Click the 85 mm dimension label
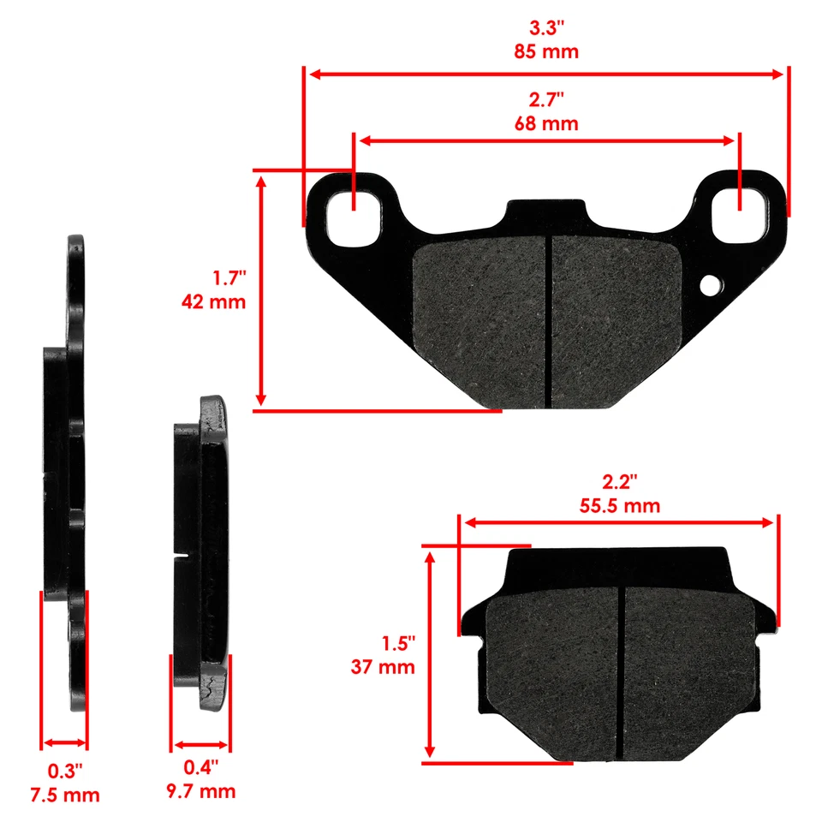coord(546,51)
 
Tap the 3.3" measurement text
coord(546,27)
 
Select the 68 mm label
coord(546,123)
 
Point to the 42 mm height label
coord(213,301)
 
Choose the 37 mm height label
coord(383,666)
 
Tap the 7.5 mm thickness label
coord(64,795)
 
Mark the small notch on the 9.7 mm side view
coord(180,561)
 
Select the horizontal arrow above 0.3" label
coord(64,743)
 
